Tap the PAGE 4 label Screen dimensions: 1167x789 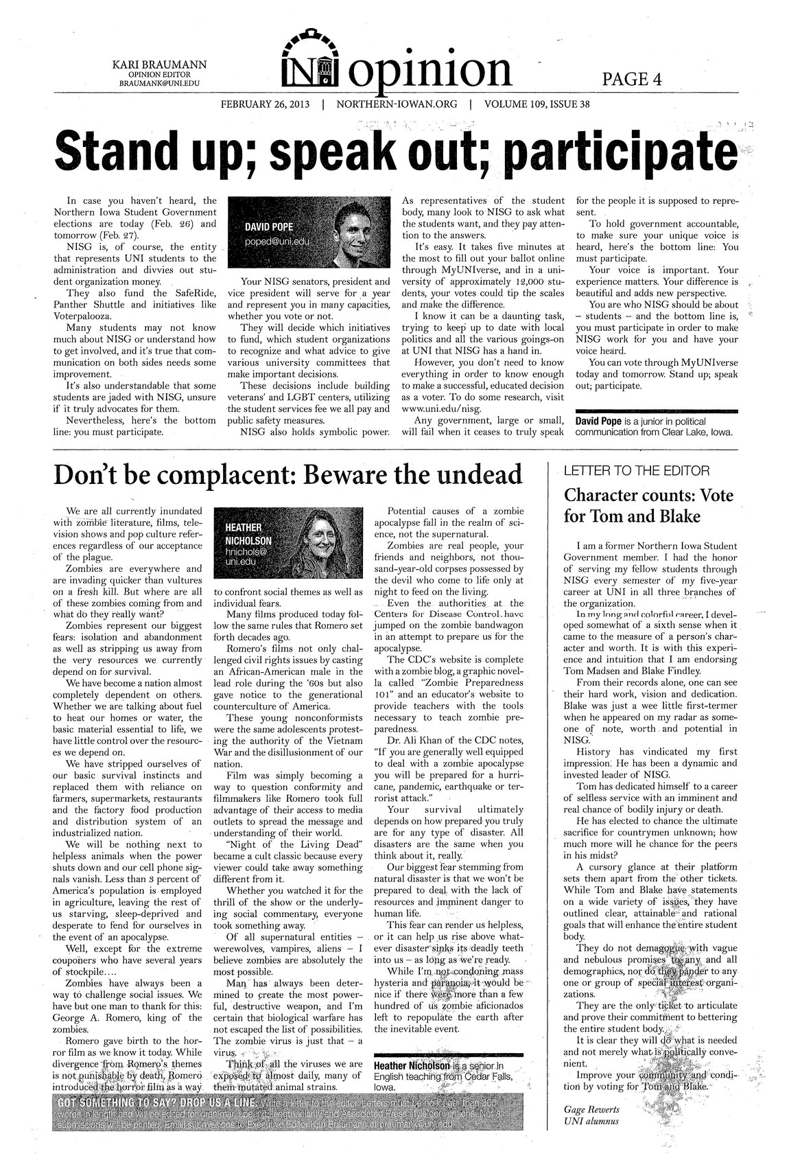coord(631,80)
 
